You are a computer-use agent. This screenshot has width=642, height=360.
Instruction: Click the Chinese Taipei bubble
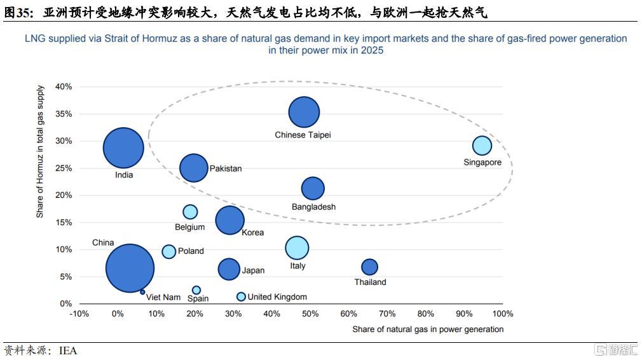click(x=304, y=112)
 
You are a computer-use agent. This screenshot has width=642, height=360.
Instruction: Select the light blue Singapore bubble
click(x=482, y=146)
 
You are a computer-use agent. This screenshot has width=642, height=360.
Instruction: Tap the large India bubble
click(x=123, y=148)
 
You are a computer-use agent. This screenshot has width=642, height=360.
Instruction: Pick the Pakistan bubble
click(x=194, y=168)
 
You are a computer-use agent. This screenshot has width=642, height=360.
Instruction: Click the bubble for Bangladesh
click(x=313, y=188)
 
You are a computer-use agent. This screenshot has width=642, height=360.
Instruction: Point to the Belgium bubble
click(x=190, y=212)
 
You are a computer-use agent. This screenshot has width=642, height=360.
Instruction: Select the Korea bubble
click(x=229, y=220)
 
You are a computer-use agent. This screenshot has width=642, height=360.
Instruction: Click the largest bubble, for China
click(x=130, y=268)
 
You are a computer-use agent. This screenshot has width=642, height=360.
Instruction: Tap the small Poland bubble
click(x=168, y=251)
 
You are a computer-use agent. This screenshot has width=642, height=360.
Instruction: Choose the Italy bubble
click(x=297, y=248)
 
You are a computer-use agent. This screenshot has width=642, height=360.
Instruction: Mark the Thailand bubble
click(x=369, y=267)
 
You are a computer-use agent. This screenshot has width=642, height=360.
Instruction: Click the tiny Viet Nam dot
click(x=142, y=292)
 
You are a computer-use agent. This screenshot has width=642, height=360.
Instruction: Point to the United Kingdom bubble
click(x=241, y=296)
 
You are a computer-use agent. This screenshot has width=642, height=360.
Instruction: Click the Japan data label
click(x=253, y=270)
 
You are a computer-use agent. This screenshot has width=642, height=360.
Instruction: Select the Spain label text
click(x=198, y=298)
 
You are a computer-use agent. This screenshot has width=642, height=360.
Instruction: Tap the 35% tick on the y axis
click(x=64, y=114)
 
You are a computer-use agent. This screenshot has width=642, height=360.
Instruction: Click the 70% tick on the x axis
click(x=387, y=314)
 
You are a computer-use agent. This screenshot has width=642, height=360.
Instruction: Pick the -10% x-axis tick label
click(x=79, y=314)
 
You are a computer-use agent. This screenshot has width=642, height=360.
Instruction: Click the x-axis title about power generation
click(x=428, y=329)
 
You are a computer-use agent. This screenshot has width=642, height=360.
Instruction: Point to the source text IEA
click(x=68, y=350)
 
